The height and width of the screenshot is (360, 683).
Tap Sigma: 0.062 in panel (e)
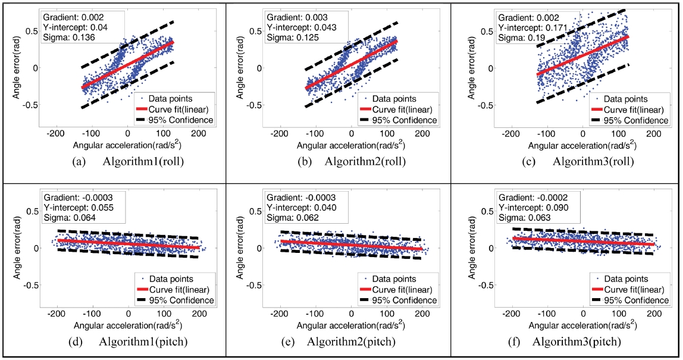pos(293,218)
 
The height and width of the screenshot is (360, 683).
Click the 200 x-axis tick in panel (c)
pos(653,134)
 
